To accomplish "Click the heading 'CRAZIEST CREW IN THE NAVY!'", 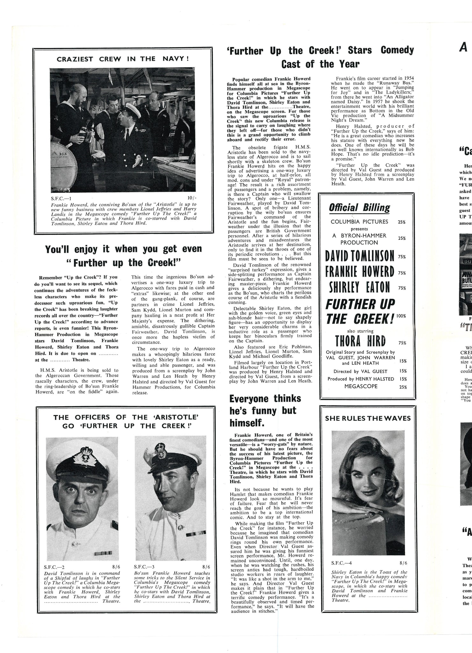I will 123,59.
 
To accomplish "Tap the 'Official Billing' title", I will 359,208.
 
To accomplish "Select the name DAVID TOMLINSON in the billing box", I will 360,256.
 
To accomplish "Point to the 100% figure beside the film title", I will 401,316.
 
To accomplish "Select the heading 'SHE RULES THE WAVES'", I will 368,418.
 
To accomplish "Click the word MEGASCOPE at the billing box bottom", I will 361,386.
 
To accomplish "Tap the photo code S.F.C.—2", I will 54,567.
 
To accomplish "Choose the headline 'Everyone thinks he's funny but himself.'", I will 265,411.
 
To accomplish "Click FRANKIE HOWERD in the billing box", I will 360,272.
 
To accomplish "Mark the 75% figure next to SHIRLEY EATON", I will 402,288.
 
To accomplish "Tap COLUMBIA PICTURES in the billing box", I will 359,222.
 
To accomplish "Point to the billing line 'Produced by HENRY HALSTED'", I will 361,379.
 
